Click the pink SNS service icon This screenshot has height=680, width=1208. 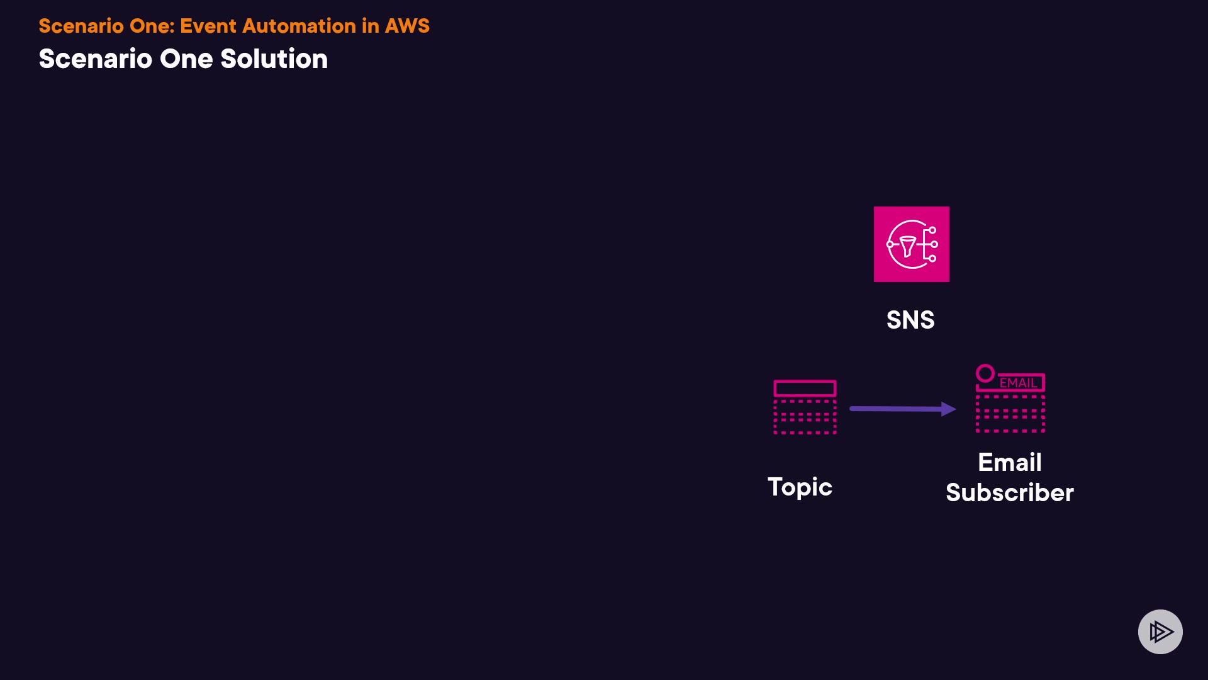click(x=911, y=244)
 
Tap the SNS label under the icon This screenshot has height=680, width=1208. click(x=910, y=320)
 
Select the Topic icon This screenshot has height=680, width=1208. click(x=805, y=407)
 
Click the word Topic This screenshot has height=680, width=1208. click(x=800, y=487)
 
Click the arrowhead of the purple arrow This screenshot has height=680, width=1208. click(x=948, y=409)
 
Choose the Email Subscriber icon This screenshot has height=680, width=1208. click(x=1010, y=400)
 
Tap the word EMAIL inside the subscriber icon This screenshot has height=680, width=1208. click(x=1018, y=383)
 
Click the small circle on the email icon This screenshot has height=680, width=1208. click(x=985, y=373)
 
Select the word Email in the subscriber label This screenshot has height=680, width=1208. click(x=1010, y=462)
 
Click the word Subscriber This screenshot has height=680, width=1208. click(x=1010, y=492)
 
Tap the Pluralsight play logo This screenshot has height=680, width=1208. click(x=1160, y=632)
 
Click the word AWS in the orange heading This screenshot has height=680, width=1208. click(x=407, y=26)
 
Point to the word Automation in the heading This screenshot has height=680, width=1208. click(x=299, y=26)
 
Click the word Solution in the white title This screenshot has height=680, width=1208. click(x=274, y=59)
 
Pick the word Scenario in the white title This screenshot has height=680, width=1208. click(x=95, y=59)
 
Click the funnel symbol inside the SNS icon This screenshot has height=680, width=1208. click(x=907, y=246)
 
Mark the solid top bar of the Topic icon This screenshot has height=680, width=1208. click(x=805, y=388)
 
